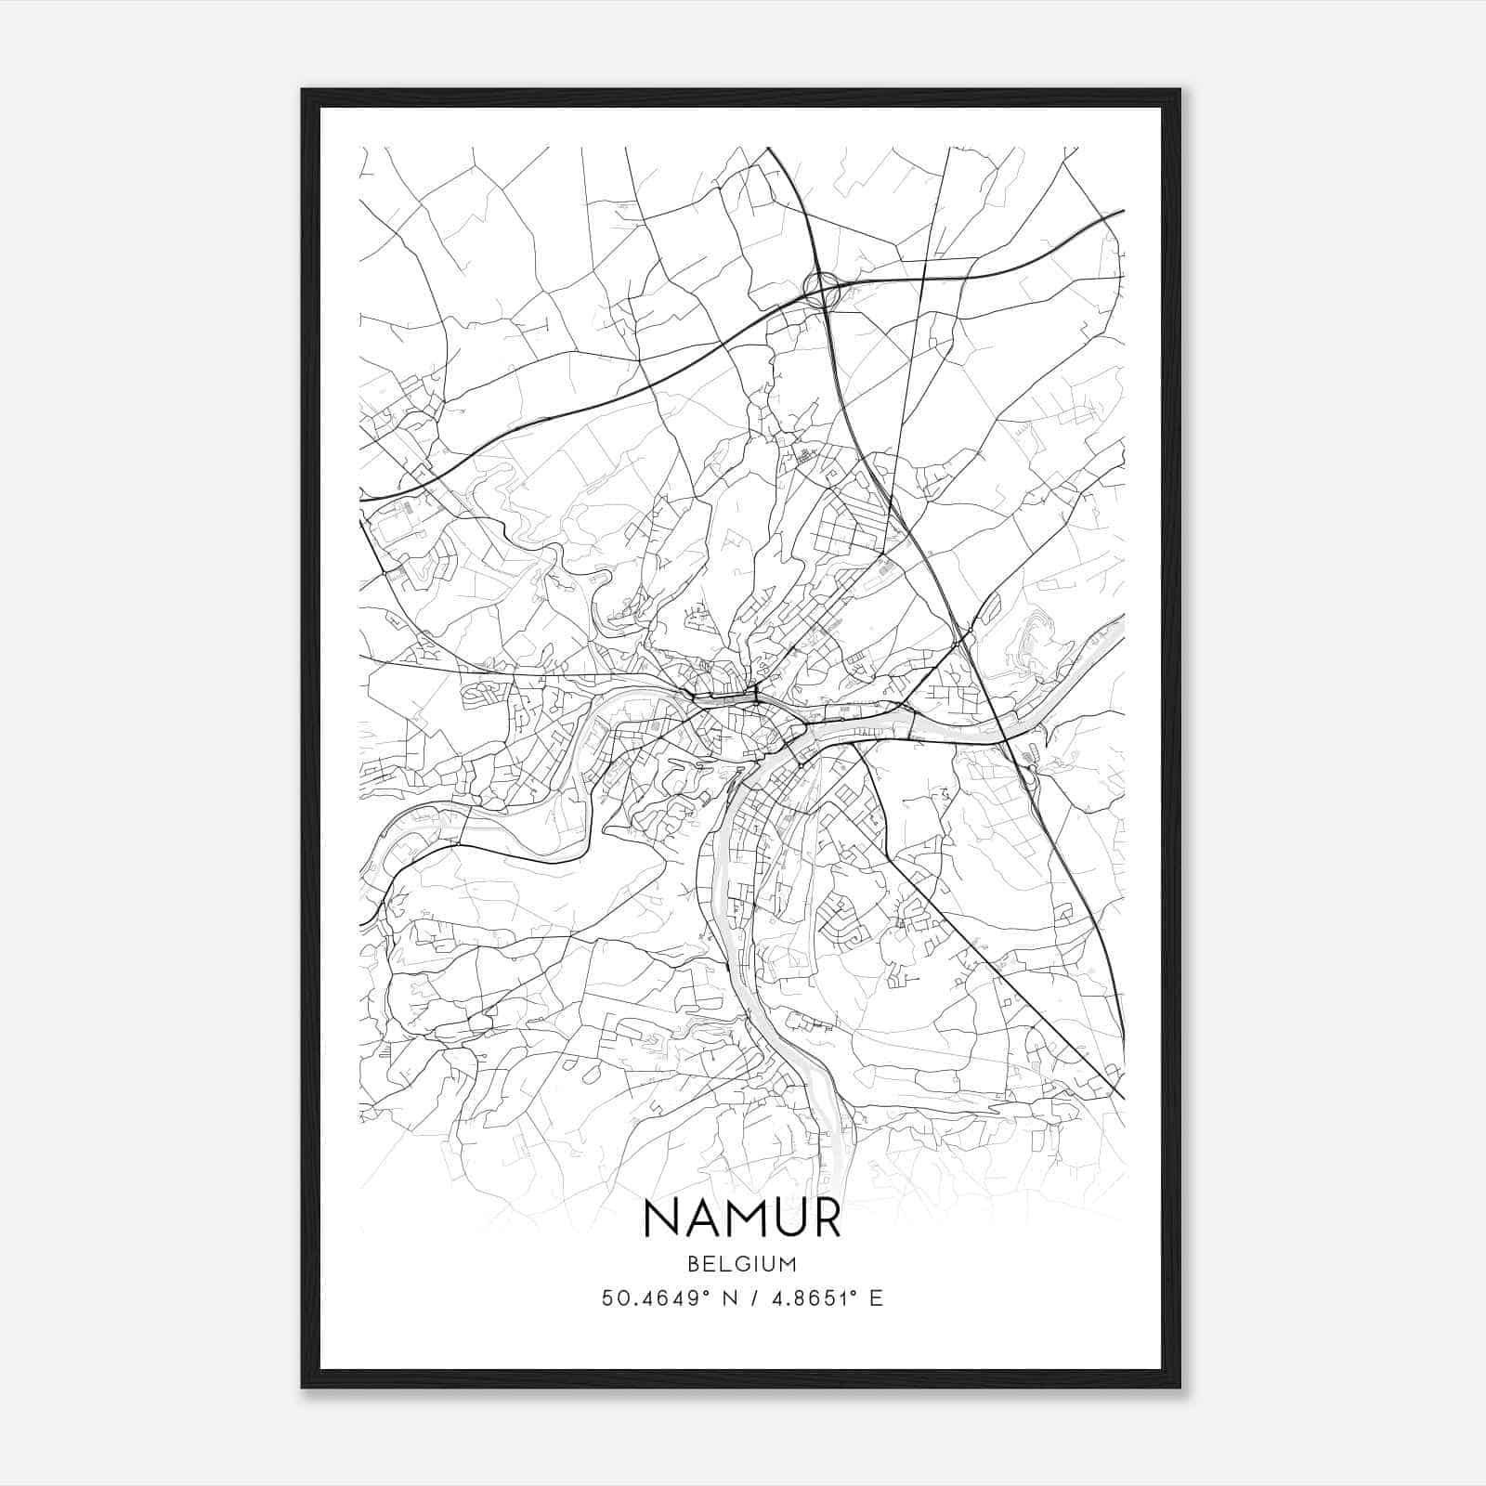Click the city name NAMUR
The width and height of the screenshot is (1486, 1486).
tap(741, 1219)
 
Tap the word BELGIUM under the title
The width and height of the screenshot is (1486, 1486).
tap(742, 1263)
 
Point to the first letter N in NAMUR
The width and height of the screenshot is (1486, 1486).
tap(662, 1219)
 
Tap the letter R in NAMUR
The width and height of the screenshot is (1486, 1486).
tap(824, 1219)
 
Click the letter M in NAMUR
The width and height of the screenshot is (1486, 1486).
tap(742, 1219)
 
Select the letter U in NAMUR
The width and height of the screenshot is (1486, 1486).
tap(786, 1219)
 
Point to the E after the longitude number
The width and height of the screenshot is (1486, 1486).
tap(875, 1298)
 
